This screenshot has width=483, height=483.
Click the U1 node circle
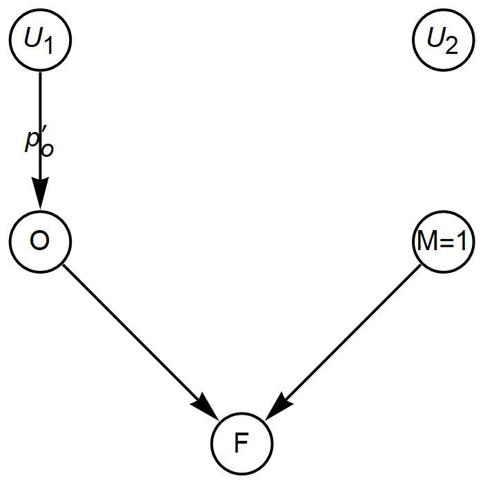pos(41,41)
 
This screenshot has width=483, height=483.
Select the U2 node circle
pos(442,41)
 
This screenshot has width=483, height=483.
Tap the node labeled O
pos(41,242)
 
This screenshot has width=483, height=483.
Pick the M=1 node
pos(442,242)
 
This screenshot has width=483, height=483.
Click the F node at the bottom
pos(241,443)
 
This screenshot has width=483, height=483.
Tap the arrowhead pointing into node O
pos(41,198)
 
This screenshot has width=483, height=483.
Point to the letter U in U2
pos(435,39)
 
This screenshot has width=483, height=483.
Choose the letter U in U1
pos(34,39)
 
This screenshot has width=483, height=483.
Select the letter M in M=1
pos(428,242)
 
